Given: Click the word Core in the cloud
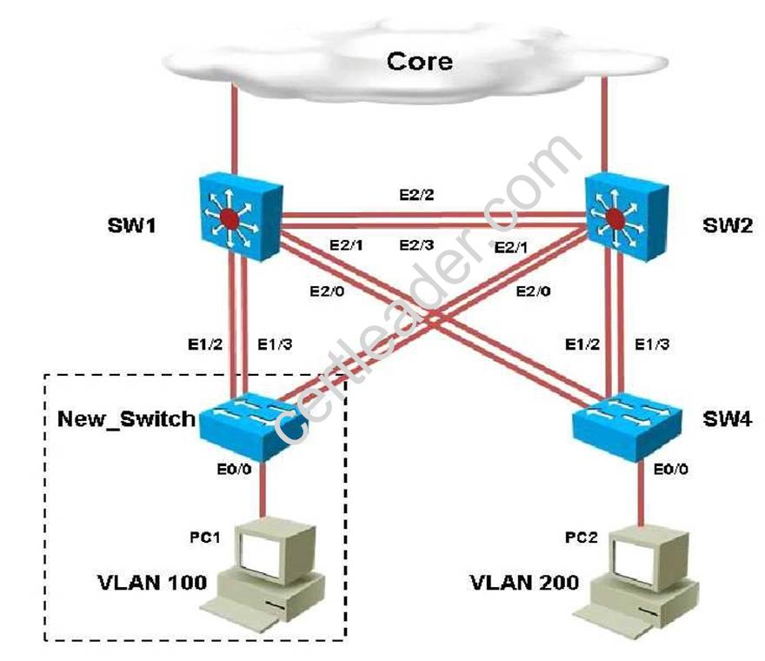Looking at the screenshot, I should pos(419,61).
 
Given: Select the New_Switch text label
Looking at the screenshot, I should pos(126,419).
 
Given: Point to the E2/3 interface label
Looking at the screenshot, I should pos(416,246).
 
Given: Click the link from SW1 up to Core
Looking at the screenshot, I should pos(233,130).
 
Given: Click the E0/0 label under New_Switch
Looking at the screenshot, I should pos(234,470).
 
